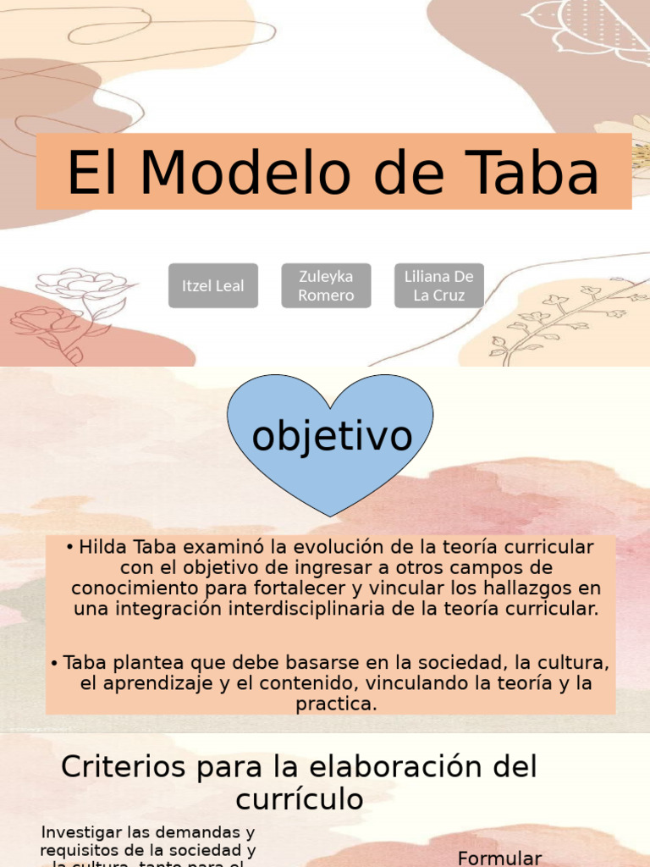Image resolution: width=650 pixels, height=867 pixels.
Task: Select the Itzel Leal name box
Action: point(212,286)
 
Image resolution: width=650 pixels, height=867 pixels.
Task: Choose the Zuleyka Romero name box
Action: point(326,286)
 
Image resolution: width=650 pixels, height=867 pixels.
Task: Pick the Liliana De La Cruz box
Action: point(438,286)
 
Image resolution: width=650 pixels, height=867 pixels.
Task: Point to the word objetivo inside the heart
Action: point(332,437)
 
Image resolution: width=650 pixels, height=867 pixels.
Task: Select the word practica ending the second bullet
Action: point(335,704)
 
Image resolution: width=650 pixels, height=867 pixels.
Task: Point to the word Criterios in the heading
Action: point(122,767)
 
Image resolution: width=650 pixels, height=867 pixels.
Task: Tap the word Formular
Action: point(499,858)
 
